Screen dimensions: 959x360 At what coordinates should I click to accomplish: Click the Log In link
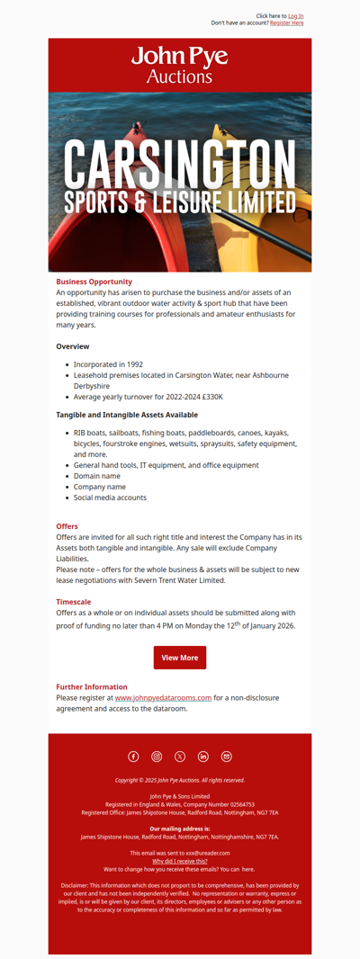click(x=295, y=16)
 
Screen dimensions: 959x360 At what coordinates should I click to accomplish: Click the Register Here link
click(x=286, y=23)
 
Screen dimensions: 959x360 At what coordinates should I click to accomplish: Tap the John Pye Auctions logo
click(x=180, y=66)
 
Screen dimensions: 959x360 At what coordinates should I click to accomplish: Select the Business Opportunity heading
click(x=94, y=282)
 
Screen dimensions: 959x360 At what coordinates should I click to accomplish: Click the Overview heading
click(x=73, y=346)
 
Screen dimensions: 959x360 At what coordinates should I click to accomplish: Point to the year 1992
click(x=128, y=364)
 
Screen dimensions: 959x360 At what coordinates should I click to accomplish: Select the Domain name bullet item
click(x=96, y=476)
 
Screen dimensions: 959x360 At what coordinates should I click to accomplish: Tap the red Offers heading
click(x=67, y=526)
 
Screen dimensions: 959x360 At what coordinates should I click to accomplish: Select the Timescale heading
click(x=73, y=602)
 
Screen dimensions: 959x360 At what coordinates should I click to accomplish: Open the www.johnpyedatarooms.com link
click(x=163, y=697)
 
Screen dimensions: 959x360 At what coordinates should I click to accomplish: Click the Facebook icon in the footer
click(x=133, y=757)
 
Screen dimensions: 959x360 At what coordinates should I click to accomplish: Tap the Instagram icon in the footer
click(x=157, y=757)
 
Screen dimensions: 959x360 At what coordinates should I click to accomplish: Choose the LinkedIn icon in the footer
click(x=203, y=757)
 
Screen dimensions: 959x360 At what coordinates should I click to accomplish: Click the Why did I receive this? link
click(x=180, y=861)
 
